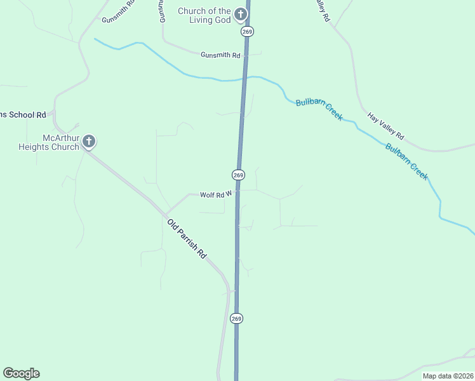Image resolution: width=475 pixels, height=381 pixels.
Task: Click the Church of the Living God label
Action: point(204,15)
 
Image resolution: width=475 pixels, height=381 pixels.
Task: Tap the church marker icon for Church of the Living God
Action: point(241,14)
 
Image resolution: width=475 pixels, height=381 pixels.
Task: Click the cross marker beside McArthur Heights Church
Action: point(90,141)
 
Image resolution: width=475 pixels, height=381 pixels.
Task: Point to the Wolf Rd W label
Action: point(217,195)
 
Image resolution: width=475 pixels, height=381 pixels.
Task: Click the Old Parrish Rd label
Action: point(187,238)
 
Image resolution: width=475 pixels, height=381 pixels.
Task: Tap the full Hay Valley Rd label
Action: point(385,126)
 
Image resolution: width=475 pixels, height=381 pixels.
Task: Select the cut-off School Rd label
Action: point(23,115)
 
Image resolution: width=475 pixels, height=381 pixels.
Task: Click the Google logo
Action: point(21,373)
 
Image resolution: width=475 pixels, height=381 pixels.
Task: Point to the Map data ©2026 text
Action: point(448,376)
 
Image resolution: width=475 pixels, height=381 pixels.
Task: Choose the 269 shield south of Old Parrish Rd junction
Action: point(236,318)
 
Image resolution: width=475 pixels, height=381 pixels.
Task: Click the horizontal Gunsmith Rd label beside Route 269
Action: point(220,56)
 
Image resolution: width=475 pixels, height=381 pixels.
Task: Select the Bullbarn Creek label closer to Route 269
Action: point(319,109)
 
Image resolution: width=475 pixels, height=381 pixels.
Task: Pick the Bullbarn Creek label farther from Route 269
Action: point(406,162)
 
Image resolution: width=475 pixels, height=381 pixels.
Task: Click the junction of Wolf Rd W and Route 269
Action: point(238,190)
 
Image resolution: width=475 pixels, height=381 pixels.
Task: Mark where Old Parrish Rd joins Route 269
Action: point(235,291)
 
